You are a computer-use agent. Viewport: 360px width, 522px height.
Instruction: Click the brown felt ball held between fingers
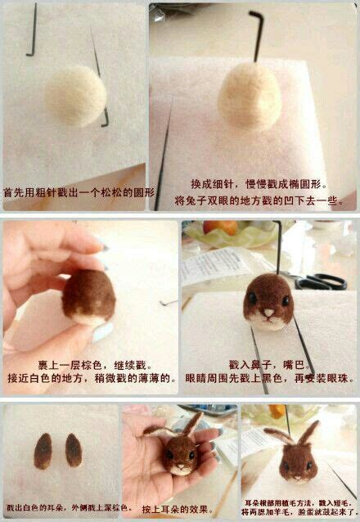click(88, 296)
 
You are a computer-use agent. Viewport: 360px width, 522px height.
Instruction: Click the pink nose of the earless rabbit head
click(268, 312)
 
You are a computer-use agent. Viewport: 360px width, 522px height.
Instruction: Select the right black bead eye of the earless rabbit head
click(286, 299)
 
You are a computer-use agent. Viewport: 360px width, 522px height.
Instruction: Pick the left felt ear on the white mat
click(44, 449)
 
